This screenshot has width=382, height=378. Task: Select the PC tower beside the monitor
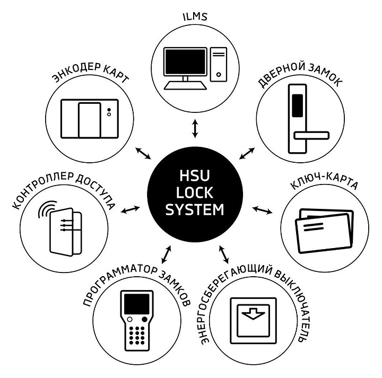(218, 64)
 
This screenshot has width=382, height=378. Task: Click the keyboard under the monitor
(184, 85)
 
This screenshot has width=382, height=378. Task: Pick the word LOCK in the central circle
(195, 194)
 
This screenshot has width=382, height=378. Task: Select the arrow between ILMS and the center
(195, 129)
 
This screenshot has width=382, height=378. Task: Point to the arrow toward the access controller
(130, 210)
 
